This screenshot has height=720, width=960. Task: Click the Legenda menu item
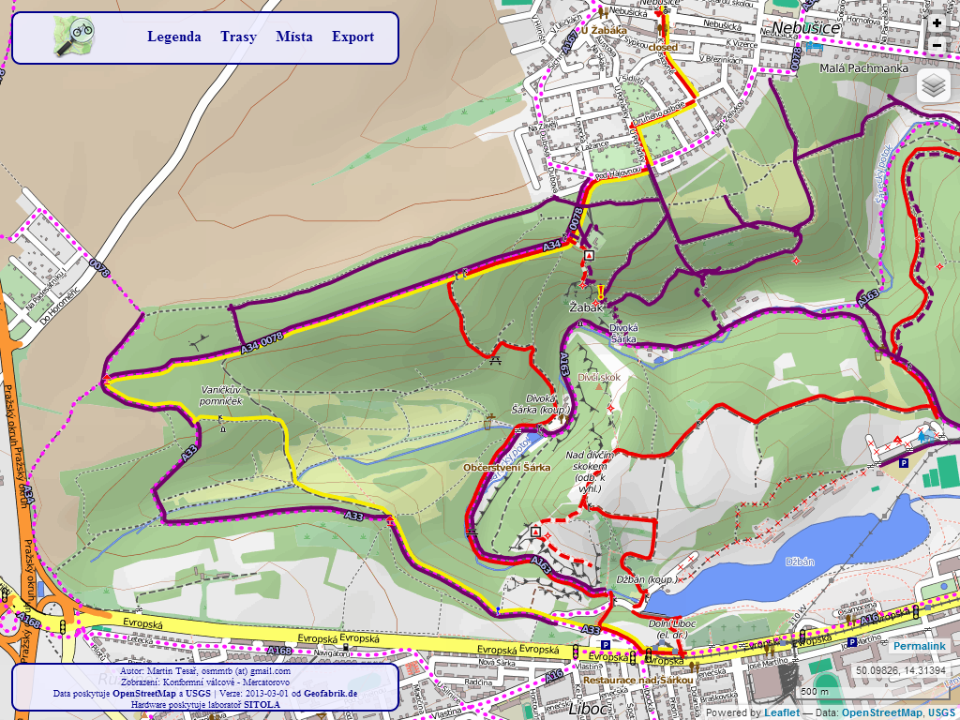point(173,37)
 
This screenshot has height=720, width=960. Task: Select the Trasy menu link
point(238,37)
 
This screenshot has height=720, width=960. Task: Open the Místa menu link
point(294,37)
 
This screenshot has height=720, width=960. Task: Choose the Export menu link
point(352,37)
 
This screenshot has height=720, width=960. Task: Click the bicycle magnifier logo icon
point(73,37)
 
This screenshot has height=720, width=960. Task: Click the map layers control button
point(933,85)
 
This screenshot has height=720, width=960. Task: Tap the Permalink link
point(920,647)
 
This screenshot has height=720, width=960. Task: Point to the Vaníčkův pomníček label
point(221,395)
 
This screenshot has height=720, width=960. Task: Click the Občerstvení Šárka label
point(506,467)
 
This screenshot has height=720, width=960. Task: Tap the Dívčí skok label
point(599,377)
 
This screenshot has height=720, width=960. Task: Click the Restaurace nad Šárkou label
point(637,680)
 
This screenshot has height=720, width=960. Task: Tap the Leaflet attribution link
point(780,712)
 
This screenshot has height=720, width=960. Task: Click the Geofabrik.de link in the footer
point(330,694)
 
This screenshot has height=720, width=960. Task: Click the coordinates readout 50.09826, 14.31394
point(900,670)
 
